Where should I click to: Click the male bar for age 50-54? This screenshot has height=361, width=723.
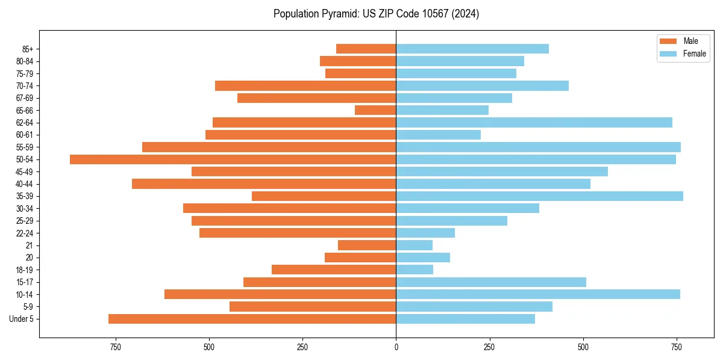point(233,159)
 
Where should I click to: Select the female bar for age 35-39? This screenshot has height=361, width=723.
point(539,196)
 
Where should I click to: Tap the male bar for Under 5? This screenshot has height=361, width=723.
point(252,319)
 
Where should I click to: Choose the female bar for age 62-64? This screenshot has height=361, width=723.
point(534,123)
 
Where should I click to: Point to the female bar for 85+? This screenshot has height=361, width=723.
point(472,49)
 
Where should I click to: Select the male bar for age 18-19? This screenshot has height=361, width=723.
point(334,270)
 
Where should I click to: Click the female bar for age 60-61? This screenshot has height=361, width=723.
point(438,135)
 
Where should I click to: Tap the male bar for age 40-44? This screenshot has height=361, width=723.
point(264,184)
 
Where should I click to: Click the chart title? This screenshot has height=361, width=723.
point(376,14)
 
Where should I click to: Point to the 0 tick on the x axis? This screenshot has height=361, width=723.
point(396,347)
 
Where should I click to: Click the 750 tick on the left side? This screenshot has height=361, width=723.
point(116,347)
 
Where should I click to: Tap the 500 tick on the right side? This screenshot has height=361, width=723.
point(583,347)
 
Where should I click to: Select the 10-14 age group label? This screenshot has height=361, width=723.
point(23,294)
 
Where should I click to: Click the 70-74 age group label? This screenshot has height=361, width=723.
point(23,86)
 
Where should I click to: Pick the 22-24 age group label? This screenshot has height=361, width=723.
point(23,233)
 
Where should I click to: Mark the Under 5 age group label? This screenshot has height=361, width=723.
point(21,319)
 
